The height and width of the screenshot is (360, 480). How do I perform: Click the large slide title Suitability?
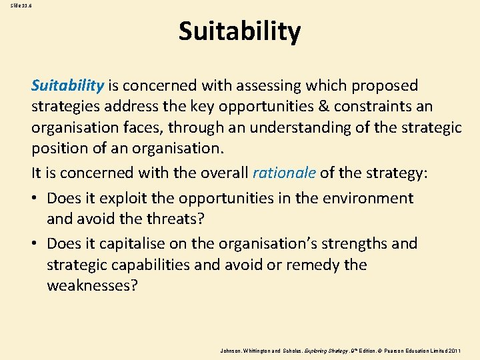[239, 31]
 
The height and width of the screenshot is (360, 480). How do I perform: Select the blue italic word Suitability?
[67, 85]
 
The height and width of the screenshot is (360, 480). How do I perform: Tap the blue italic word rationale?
[284, 173]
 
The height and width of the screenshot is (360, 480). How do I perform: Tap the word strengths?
[357, 244]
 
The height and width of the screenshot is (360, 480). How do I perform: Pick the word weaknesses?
[91, 285]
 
